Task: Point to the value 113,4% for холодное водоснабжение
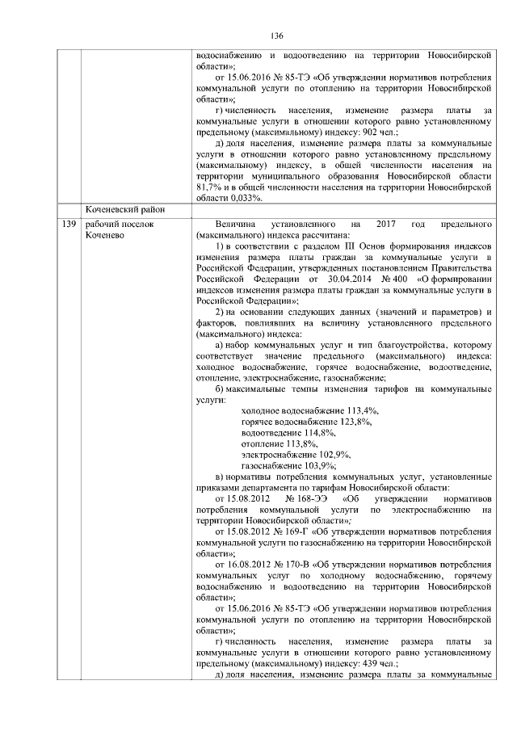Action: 359,411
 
